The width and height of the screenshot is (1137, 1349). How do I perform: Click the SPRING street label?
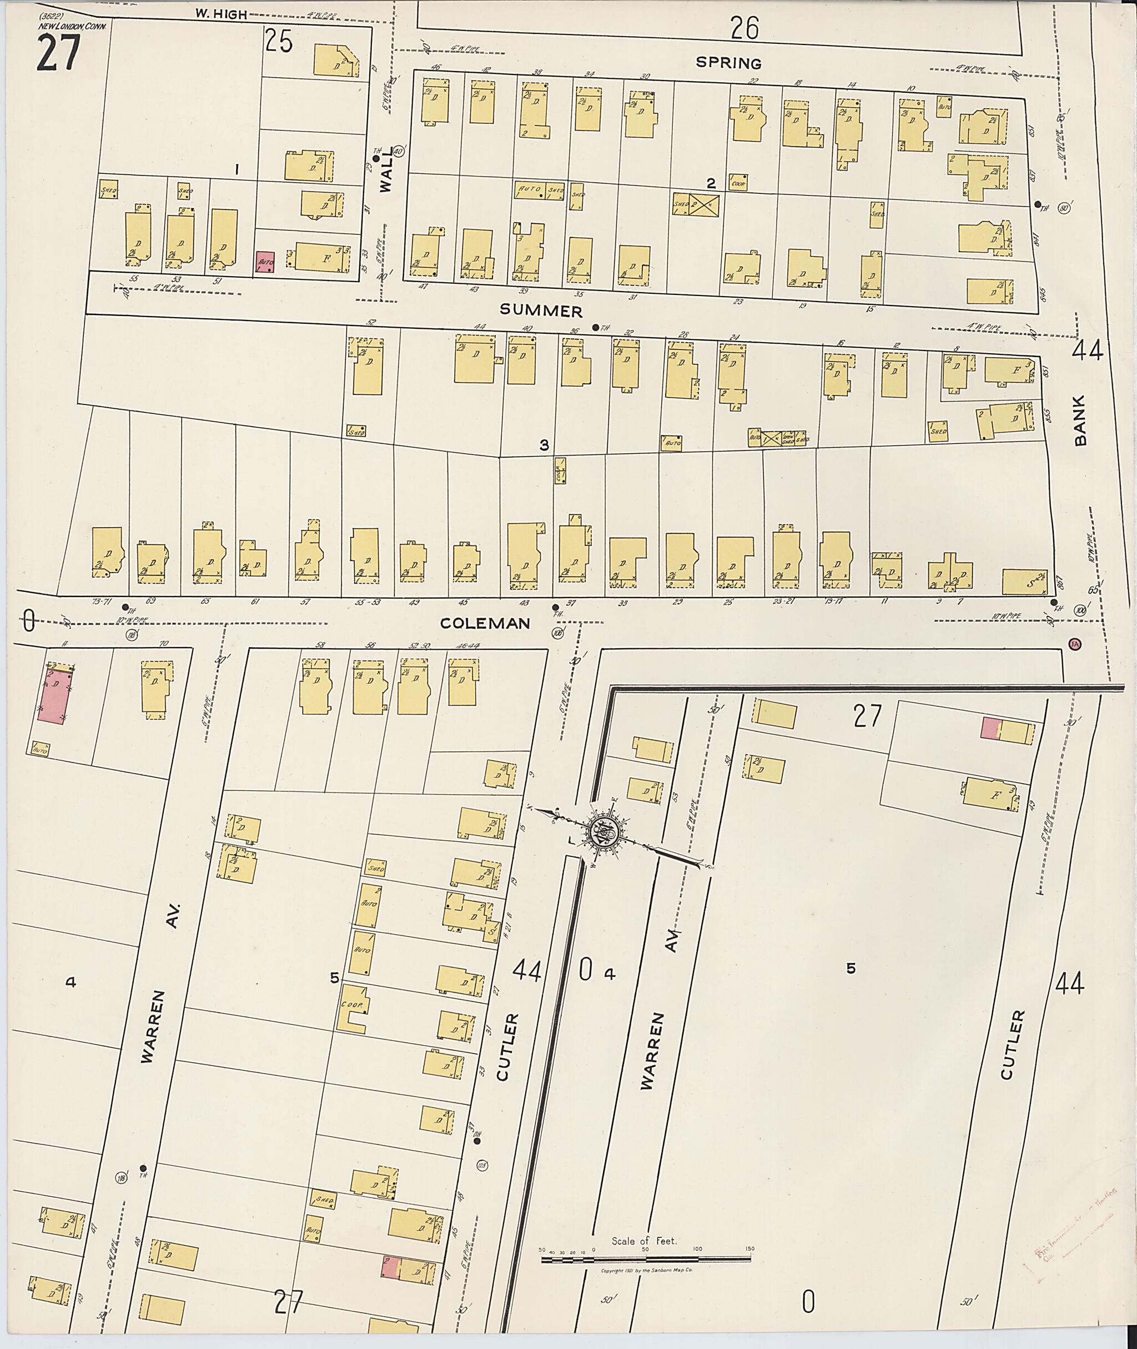728,63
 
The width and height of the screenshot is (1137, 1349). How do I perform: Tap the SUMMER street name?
541,312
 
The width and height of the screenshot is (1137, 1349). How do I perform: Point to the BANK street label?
1080,420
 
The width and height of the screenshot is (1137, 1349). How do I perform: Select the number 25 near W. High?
279,42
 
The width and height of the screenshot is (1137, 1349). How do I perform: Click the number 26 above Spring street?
744,28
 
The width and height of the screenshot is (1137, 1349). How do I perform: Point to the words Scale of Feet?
644,1241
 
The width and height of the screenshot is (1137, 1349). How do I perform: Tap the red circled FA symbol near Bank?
1074,644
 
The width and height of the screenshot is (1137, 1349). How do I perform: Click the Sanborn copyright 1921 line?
646,1269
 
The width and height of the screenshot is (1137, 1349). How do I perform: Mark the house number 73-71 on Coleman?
101,601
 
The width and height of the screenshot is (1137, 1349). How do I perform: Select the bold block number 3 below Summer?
544,445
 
